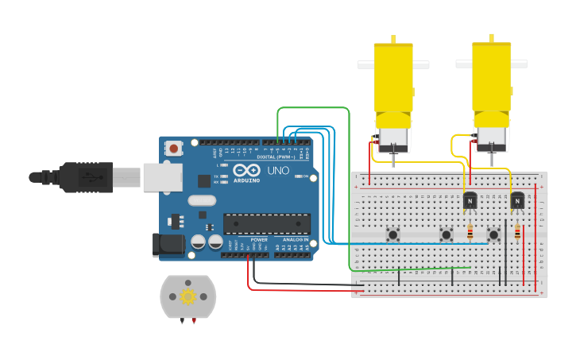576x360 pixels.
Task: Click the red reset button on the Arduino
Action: coord(173,148)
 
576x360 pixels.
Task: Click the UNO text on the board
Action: coord(278,171)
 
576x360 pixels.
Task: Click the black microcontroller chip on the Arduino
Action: coord(266,223)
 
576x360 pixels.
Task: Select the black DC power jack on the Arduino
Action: coord(168,244)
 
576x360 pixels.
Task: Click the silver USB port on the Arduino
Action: coord(162,177)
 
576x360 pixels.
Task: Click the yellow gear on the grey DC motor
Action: coord(188,296)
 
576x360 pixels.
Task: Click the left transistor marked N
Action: coord(470,201)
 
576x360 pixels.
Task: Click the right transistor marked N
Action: coord(517,201)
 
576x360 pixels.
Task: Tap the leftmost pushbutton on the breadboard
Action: coord(392,234)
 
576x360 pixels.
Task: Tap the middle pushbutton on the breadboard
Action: coord(446,234)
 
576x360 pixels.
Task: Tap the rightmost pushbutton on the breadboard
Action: coord(493,234)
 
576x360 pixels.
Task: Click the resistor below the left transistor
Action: coord(470,232)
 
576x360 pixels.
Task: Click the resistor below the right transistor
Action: coord(517,232)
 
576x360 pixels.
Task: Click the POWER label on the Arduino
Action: coord(259,239)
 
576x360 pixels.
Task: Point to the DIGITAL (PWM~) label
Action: coord(276,157)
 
